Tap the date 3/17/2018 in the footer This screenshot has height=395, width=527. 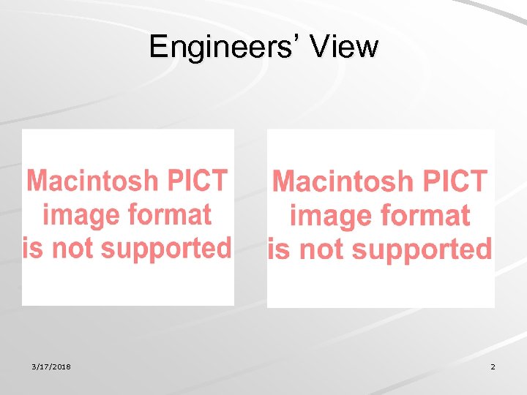[x=52, y=366]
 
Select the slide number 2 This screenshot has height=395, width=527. [x=493, y=366]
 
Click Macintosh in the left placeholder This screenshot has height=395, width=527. [x=92, y=180]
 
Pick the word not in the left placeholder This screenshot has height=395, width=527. [x=71, y=248]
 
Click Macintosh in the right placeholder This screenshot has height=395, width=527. [x=337, y=181]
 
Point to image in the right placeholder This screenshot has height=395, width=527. [x=327, y=217]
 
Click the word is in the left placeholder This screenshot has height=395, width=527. [x=32, y=248]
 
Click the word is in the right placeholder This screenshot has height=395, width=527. [x=279, y=249]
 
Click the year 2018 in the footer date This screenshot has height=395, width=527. [x=62, y=366]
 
